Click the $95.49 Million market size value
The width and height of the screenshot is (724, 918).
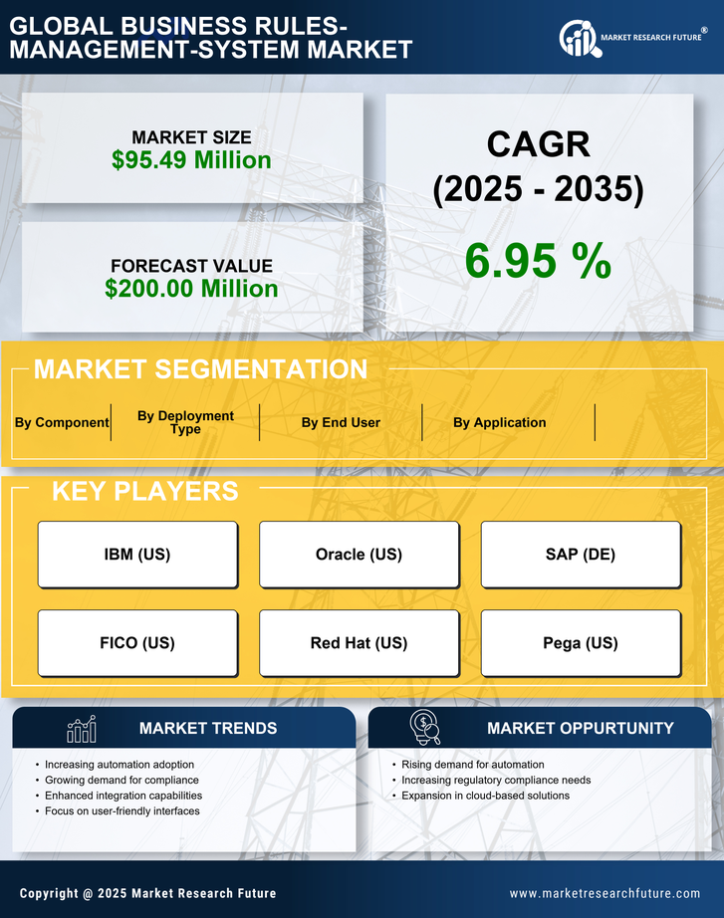pos(191,160)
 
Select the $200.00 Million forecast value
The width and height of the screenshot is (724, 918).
pos(191,289)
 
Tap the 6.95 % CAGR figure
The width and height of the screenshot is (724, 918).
pos(538,261)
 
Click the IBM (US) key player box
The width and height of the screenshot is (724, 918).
pos(137,555)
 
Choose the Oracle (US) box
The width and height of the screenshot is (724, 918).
pos(359,555)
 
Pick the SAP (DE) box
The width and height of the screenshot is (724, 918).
pos(581,555)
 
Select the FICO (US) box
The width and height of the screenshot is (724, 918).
pos(137,643)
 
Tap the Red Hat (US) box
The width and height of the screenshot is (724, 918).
pos(359,643)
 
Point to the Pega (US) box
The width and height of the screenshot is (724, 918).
pos(581,643)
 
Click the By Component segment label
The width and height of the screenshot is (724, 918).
pos(62,422)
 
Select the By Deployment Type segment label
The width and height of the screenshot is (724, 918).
pos(185,422)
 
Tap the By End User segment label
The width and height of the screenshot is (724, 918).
pos(341,422)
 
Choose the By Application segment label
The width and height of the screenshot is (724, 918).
pos(499,422)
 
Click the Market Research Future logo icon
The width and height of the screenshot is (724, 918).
pos(577,38)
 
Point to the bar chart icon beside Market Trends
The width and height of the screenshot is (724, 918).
pos(82,729)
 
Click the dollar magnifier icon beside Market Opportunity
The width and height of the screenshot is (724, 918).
pos(424,728)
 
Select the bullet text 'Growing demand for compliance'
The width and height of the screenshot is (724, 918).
pos(121,780)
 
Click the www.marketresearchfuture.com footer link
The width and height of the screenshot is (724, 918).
pos(604,893)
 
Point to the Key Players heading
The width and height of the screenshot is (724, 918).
pos(144,491)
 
